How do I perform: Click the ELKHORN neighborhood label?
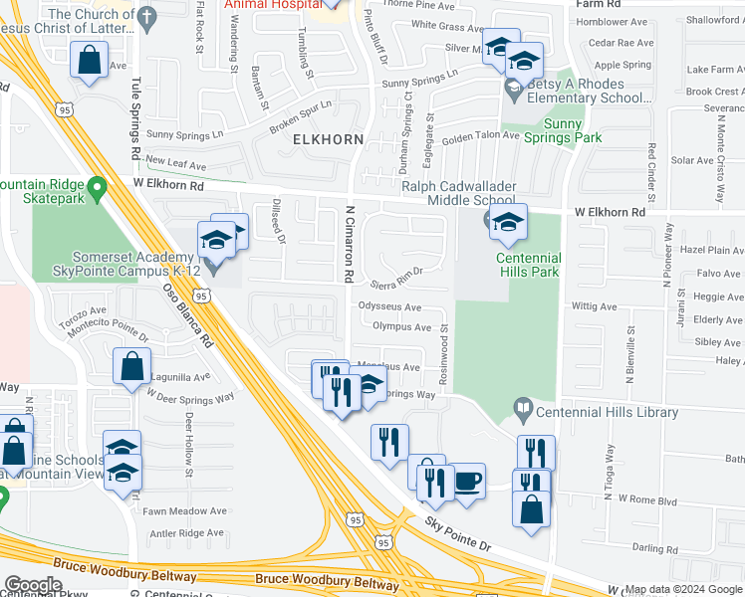328,140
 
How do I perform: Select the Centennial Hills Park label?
516,266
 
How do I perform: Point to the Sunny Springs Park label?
557,131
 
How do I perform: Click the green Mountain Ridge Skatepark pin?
97,187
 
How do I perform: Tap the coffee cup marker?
468,482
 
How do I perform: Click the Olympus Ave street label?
401,326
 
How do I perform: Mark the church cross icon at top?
147,17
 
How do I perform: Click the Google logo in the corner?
33,585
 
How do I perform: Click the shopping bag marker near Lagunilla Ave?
131,365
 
